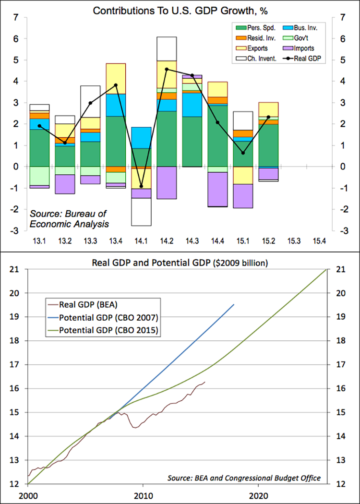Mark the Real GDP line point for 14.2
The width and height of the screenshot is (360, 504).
pos(166,69)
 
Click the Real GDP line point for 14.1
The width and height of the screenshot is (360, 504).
pos(141,186)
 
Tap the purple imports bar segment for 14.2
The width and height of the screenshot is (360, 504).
pos(166,182)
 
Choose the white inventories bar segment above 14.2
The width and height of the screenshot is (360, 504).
pos(166,49)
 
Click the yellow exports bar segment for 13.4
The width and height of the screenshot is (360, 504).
pos(116,79)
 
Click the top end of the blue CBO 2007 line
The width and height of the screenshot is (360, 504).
pos(234,304)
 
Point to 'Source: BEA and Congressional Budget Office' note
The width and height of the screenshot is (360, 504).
pos(244,478)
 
